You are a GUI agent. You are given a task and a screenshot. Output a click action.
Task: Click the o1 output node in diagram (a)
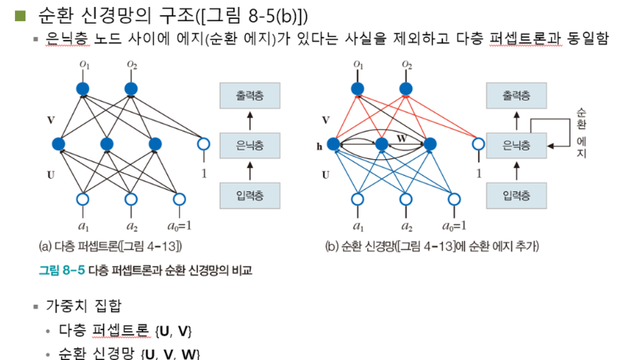[81, 88]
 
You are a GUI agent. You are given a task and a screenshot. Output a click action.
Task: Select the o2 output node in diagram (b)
[406, 88]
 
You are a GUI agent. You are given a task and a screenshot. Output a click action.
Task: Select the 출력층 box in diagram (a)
[250, 96]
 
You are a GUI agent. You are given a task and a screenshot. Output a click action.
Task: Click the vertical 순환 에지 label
[582, 132]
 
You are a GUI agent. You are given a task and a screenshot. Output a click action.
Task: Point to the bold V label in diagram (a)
[50, 121]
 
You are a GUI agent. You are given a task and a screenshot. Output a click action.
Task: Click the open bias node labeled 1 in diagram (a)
[203, 144]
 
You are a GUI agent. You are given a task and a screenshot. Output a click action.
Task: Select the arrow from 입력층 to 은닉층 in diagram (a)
[250, 169]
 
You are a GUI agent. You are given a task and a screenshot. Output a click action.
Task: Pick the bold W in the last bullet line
[188, 352]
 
